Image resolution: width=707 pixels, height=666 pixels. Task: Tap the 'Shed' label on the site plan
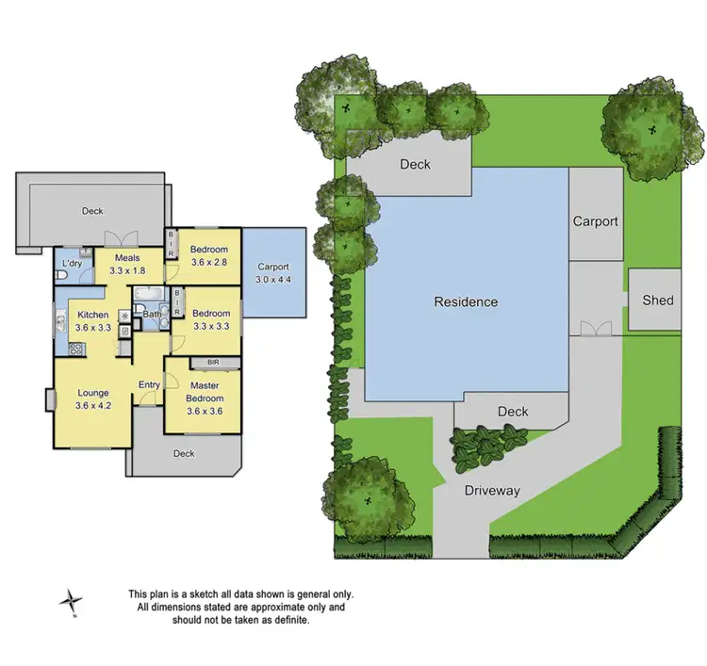coord(658,301)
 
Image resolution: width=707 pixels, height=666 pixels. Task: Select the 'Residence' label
coord(466,302)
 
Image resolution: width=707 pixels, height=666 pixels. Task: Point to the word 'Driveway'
coord(492,491)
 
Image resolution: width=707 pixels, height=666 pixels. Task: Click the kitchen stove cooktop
coord(75,348)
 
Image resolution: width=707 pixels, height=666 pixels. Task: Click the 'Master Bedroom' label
coord(204,391)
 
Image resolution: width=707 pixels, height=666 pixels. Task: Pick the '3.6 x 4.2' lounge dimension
coord(93,407)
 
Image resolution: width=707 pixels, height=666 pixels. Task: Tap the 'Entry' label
coord(149,384)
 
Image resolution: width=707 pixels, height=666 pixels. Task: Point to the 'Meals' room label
coord(127,258)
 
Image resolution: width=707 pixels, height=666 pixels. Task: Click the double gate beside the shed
coord(596,329)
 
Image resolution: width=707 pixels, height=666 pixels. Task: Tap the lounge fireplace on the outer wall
coord(48,399)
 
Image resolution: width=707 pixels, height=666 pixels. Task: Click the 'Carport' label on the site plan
coord(596,221)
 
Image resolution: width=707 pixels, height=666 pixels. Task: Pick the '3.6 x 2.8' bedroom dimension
coord(209,263)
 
